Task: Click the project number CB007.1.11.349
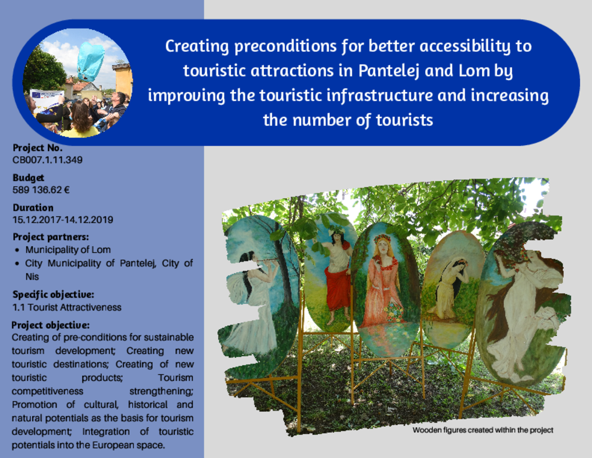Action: click(x=47, y=160)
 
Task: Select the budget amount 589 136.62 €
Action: click(x=41, y=190)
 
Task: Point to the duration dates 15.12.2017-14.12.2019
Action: click(x=62, y=219)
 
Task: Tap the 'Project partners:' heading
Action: click(x=51, y=237)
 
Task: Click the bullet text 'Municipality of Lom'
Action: click(x=68, y=250)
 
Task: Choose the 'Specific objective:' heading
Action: click(x=53, y=294)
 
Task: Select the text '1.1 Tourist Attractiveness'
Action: click(x=67, y=307)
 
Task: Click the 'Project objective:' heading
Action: click(x=51, y=325)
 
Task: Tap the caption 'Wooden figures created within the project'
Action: click(x=483, y=430)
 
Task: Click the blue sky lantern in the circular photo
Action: click(x=90, y=61)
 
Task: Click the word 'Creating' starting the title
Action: click(x=197, y=47)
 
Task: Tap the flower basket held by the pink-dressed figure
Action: click(x=394, y=311)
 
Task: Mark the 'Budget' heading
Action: click(x=29, y=178)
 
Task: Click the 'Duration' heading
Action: click(x=33, y=207)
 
